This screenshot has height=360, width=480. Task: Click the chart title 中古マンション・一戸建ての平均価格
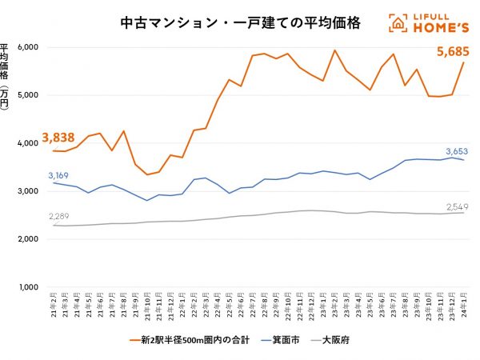point(218,23)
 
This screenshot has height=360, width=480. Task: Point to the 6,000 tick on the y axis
point(28,47)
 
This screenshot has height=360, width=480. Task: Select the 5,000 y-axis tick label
point(28,95)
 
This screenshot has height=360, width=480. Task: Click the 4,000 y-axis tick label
point(28,143)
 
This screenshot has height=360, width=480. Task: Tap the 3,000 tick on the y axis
point(28,191)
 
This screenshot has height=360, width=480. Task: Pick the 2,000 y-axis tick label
point(28,239)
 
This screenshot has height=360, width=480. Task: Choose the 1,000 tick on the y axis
point(28,287)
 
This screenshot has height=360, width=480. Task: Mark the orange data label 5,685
point(452,53)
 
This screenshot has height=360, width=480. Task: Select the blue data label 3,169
point(58,174)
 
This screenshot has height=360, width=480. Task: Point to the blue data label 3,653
point(456,150)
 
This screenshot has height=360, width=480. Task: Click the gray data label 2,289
point(58,216)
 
